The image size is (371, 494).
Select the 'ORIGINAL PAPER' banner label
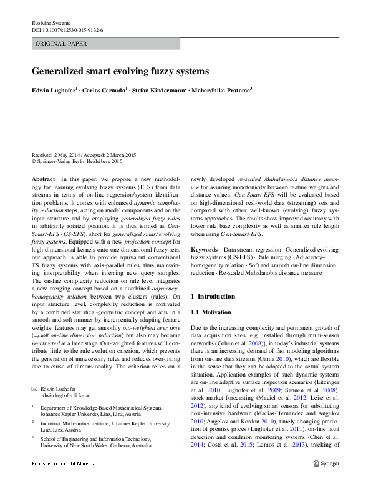(61, 44)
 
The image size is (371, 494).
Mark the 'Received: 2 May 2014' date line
(62, 155)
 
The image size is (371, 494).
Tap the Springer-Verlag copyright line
(77, 161)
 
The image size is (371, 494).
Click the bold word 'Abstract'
(43, 179)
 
